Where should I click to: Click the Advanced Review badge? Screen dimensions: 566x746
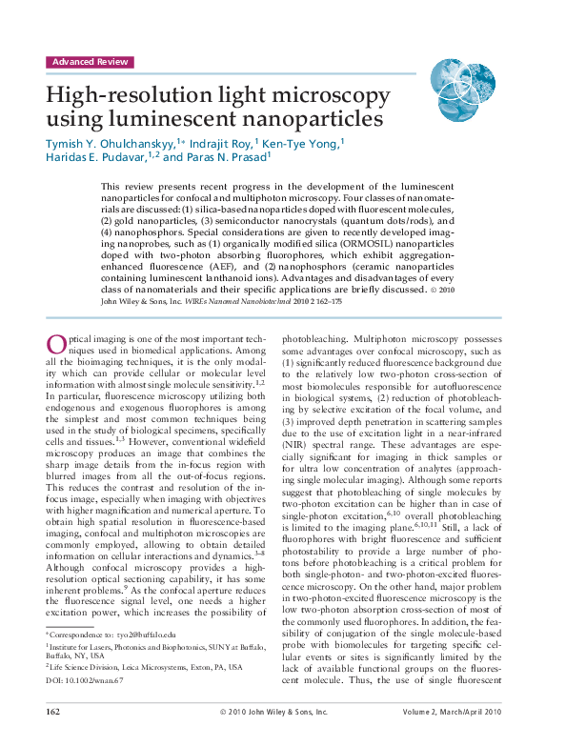(x=90, y=62)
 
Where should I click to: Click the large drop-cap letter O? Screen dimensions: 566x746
(x=55, y=346)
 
